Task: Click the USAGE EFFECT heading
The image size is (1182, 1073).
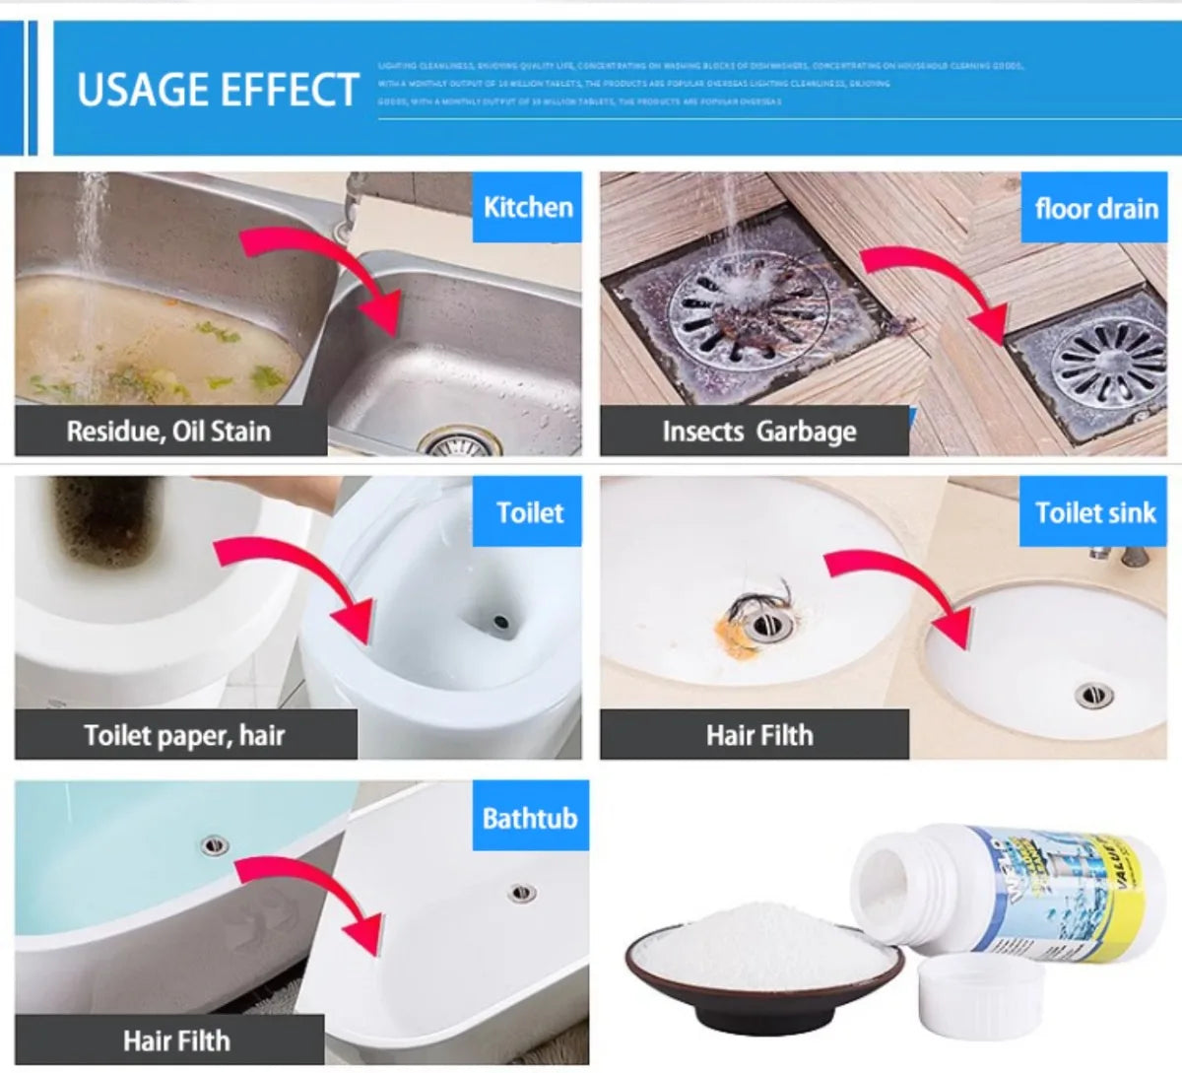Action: click(x=218, y=90)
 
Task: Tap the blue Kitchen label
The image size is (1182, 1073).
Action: click(x=528, y=208)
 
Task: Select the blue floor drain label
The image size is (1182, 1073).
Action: click(x=1096, y=209)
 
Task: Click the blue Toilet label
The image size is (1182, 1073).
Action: click(x=530, y=512)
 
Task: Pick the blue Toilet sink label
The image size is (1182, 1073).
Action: click(x=1095, y=512)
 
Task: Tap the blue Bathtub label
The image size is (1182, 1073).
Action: click(x=530, y=818)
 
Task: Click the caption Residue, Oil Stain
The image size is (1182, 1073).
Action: click(x=168, y=432)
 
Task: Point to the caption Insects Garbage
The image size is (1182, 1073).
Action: click(x=758, y=432)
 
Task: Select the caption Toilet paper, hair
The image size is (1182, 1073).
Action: click(x=184, y=735)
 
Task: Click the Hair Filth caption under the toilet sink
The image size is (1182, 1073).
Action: click(x=758, y=735)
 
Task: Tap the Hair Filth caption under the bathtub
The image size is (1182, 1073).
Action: click(x=175, y=1039)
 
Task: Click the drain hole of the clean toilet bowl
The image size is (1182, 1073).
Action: click(x=499, y=623)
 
